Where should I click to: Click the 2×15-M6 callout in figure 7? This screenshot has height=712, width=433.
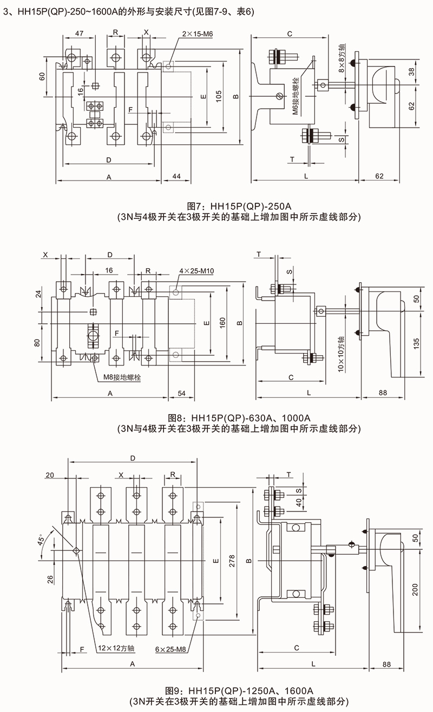(x=198, y=34)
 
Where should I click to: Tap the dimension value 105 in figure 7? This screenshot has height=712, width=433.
(x=219, y=96)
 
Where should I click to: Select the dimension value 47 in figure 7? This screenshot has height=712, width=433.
(x=79, y=34)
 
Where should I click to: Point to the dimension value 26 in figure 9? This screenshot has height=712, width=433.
(x=50, y=579)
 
